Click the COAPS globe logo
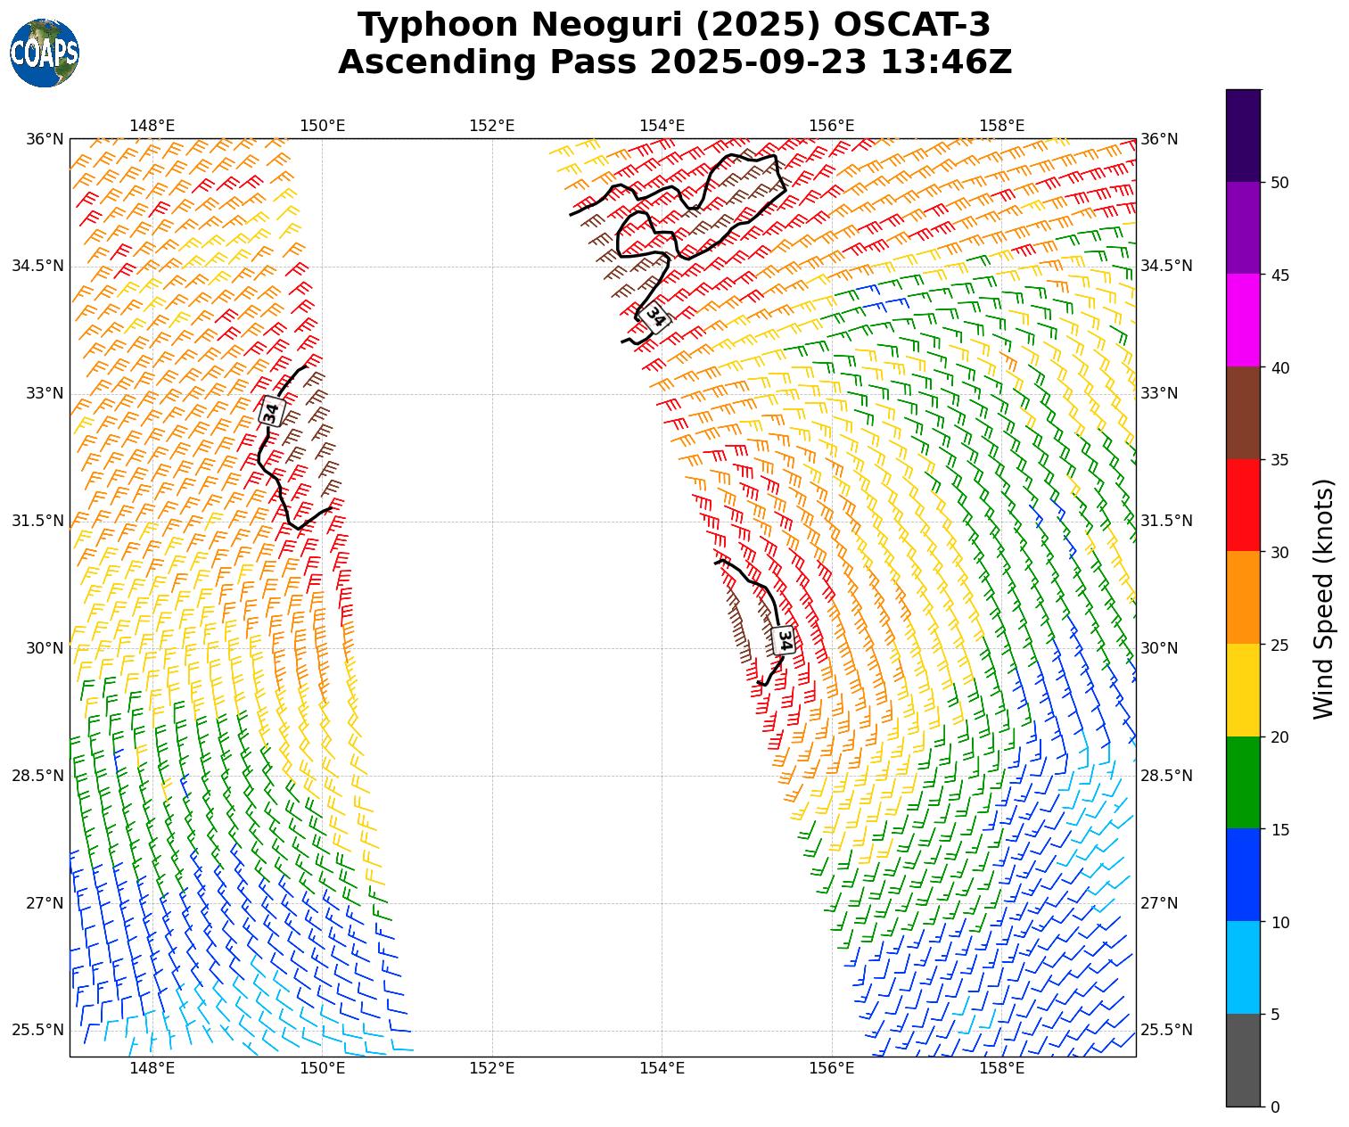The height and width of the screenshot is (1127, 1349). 45,53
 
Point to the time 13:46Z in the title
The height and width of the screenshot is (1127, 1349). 946,62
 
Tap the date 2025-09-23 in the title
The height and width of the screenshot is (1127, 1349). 760,62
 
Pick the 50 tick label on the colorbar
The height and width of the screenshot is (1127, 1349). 1279,183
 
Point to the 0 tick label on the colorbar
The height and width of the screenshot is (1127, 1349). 1275,1107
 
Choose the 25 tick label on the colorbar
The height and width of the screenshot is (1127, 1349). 1279,646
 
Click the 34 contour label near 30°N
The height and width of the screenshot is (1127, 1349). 784,639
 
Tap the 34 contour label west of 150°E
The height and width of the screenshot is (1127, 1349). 271,411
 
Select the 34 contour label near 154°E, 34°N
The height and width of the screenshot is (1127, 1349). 656,317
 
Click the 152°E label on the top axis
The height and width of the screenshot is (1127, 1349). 492,126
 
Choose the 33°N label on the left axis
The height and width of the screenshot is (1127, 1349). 45,393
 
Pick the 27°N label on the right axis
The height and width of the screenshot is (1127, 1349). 1159,903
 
